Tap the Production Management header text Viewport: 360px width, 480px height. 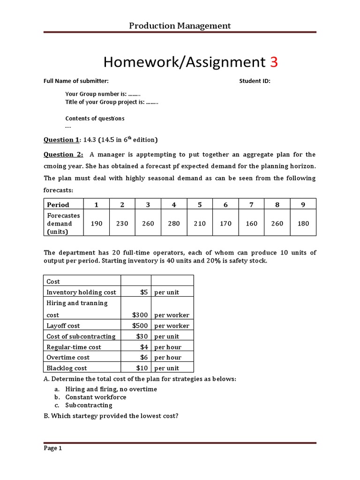180,26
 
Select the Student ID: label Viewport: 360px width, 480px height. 255,81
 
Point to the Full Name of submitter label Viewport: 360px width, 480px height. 76,81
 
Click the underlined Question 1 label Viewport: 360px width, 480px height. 61,140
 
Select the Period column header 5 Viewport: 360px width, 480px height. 200,204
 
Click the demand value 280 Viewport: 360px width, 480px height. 174,224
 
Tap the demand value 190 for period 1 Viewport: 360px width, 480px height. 97,224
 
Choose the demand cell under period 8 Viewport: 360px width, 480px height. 277,224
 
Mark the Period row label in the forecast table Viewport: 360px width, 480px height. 58,204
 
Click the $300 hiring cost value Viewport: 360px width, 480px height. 140,315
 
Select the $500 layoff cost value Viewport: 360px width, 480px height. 140,326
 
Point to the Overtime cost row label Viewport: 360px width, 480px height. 68,358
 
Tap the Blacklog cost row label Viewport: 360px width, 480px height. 67,368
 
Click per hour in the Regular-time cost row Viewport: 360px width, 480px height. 168,347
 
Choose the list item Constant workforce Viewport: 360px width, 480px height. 96,397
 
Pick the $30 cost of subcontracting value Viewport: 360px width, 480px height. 142,337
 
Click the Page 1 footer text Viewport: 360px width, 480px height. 53,448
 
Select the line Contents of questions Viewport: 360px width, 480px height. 95,119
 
